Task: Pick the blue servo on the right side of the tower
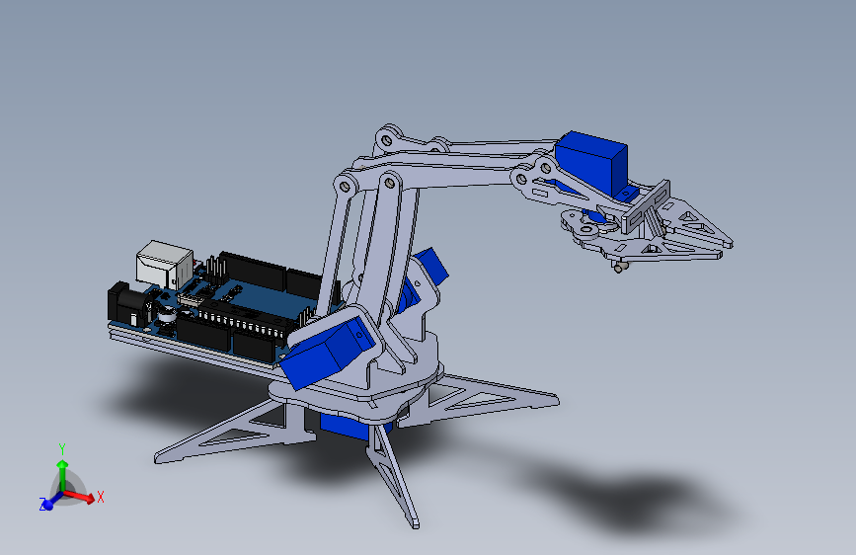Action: pyautogui.click(x=428, y=271)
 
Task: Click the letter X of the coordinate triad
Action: pyautogui.click(x=100, y=497)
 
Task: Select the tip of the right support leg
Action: pyautogui.click(x=552, y=401)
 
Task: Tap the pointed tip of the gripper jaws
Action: pyautogui.click(x=728, y=241)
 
